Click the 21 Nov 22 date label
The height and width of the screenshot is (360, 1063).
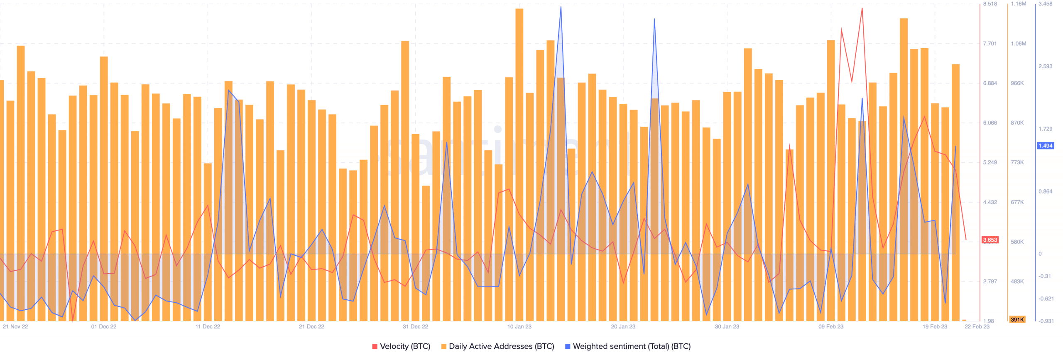click(x=15, y=327)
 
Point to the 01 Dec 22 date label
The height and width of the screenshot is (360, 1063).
click(x=104, y=327)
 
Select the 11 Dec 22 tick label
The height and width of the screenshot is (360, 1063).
click(x=208, y=327)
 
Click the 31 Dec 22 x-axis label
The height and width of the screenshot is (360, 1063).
click(x=415, y=327)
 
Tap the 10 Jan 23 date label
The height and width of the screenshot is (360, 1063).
click(x=519, y=327)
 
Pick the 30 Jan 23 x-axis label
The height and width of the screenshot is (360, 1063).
click(x=727, y=327)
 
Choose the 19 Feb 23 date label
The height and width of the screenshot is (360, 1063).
click(x=935, y=327)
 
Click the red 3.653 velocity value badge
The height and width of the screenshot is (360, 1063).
click(x=990, y=240)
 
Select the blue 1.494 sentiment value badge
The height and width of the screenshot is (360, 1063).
click(x=1045, y=146)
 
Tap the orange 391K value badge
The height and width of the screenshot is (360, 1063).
click(x=1017, y=320)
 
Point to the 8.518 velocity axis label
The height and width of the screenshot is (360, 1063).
click(x=990, y=4)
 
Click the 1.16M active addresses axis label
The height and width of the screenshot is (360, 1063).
click(x=1018, y=4)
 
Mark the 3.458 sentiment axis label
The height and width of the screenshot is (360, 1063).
click(x=1045, y=4)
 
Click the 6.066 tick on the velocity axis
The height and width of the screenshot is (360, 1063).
click(x=990, y=123)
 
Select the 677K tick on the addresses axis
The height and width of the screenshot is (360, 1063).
click(x=1017, y=203)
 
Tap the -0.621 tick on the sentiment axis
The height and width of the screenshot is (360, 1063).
click(x=1046, y=299)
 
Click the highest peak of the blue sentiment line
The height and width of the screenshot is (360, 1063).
click(x=561, y=7)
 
